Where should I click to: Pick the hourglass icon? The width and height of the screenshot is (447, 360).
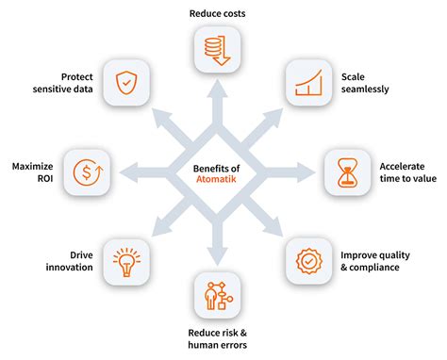point(347,171)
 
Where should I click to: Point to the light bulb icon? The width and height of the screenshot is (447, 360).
point(124,263)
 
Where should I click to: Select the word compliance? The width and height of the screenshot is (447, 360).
point(379,268)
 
